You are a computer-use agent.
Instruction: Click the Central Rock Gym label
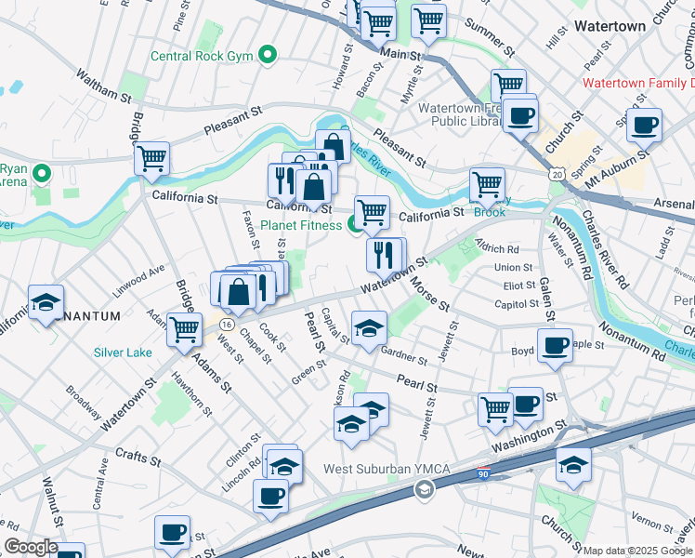[203, 56]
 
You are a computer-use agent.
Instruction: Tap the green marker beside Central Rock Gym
[269, 56]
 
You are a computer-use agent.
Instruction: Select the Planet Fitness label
[301, 224]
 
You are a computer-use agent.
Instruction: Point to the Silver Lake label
[123, 352]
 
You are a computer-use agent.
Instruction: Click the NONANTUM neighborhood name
[86, 316]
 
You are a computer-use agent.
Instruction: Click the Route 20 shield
[556, 174]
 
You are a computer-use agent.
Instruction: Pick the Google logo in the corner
[31, 547]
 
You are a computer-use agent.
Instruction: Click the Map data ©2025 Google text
[637, 551]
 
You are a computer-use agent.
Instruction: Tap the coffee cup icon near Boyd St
[555, 346]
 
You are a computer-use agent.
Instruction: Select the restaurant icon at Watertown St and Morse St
[386, 253]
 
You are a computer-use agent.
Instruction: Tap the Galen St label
[545, 279]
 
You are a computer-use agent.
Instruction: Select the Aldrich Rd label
[497, 249]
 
